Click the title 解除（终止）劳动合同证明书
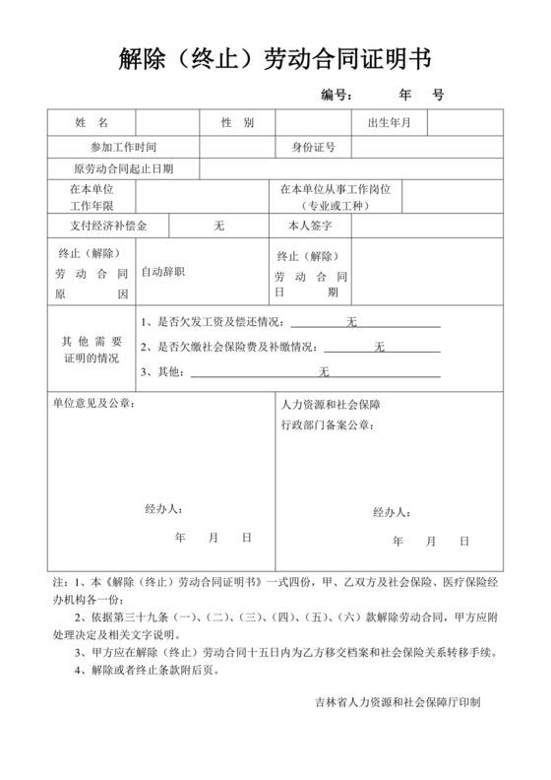click(x=275, y=58)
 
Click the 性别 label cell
click(x=237, y=123)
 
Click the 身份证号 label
click(x=314, y=147)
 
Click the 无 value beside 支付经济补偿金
click(x=219, y=226)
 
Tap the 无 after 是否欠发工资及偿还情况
click(x=351, y=322)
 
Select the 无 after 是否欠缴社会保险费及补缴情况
click(x=379, y=347)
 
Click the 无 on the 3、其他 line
click(x=323, y=371)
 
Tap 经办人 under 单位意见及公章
click(x=163, y=509)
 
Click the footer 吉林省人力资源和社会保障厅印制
click(x=398, y=702)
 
